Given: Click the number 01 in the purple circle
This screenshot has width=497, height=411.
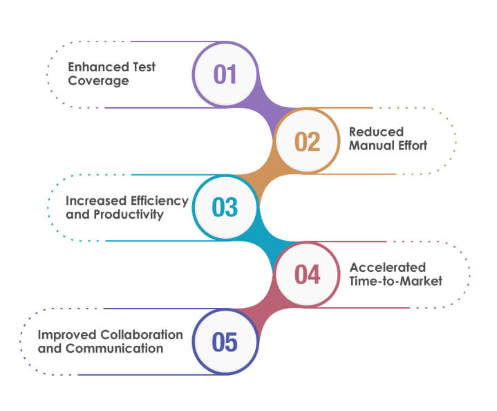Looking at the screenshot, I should pos(225,74).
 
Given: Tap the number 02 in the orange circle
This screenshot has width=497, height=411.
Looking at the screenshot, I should pos(308,141).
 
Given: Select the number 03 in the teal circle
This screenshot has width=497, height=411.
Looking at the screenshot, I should pos(225,208).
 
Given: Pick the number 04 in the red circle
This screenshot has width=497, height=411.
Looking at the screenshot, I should pos(308,275).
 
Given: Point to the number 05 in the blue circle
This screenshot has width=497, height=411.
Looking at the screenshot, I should pos(225,342).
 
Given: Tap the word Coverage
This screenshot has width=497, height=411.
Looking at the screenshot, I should pos(98,81).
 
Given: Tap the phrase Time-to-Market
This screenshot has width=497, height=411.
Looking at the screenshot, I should pos(395,281).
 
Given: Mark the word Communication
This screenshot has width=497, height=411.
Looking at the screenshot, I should pos(114,349).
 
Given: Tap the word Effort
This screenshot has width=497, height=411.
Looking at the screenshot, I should pos(411,145).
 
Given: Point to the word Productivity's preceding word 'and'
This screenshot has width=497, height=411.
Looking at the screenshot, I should pos(76,214).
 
